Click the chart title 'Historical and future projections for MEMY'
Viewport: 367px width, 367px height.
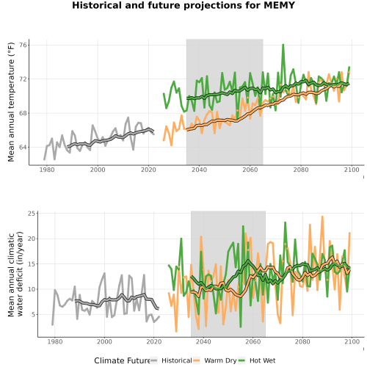tap(183, 5)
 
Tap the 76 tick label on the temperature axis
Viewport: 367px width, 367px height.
tap(23, 46)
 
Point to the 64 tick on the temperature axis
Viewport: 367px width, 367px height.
tap(23, 148)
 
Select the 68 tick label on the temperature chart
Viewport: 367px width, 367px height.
tap(23, 113)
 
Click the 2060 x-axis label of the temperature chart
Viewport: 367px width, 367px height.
tap(250, 170)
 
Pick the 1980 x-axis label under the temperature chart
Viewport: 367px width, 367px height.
tap(47, 170)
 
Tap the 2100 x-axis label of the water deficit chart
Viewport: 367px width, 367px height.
tap(352, 341)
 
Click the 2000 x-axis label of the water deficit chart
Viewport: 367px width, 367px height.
tap(104, 341)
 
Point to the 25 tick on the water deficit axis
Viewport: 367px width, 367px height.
tap(32, 214)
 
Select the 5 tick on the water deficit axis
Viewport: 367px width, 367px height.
tap(34, 315)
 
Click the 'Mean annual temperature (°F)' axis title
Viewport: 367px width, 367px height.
tap(11, 102)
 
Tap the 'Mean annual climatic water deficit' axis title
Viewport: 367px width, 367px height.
tap(15, 274)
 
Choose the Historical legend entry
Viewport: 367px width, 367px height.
tap(171, 360)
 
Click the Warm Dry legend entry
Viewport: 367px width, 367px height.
tap(215, 360)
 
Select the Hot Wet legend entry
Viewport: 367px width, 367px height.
tap(257, 360)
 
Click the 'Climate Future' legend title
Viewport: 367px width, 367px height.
tap(122, 360)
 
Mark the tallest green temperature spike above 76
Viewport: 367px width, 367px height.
tap(283, 45)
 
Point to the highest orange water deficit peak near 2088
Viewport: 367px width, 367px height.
tap(322, 217)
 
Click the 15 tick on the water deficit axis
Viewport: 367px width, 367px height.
tap(32, 264)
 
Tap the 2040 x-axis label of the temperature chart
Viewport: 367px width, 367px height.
tap(199, 170)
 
